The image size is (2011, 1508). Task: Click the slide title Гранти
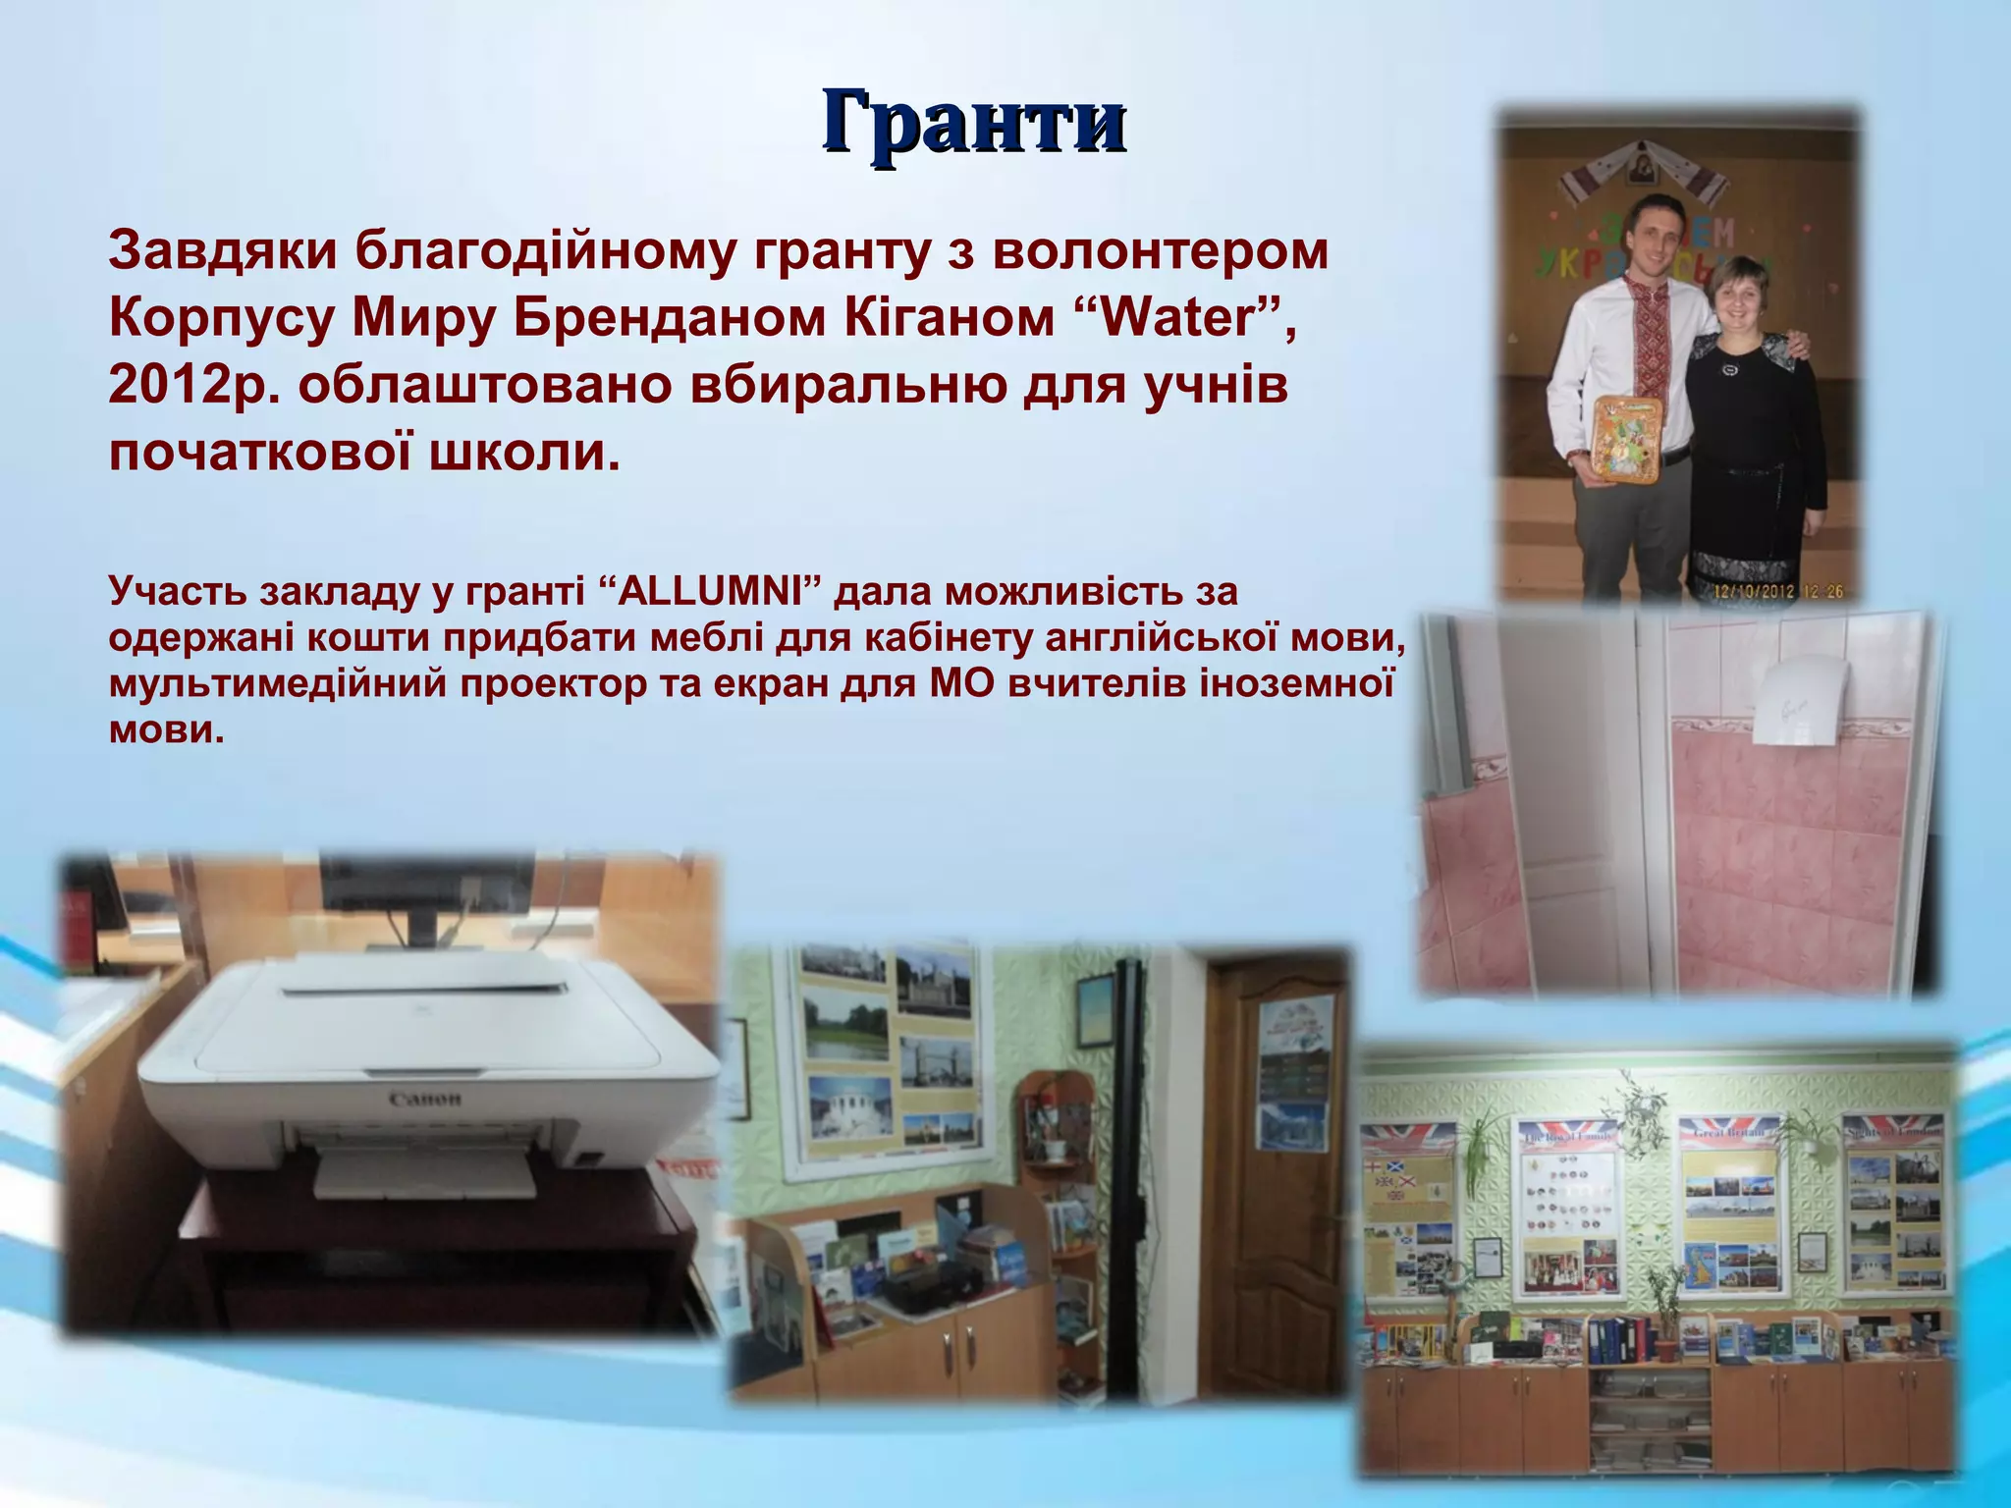pyautogui.click(x=973, y=123)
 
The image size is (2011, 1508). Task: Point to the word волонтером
pyautogui.click(x=1159, y=251)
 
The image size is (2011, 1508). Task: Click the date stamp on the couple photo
pyautogui.click(x=1777, y=591)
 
